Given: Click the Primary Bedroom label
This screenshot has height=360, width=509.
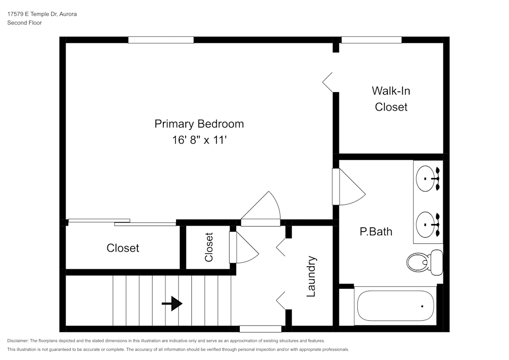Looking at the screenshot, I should coord(199,124).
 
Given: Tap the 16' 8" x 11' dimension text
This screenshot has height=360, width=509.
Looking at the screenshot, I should coord(199,140).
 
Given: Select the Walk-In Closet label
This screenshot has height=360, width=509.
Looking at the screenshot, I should coord(391,99).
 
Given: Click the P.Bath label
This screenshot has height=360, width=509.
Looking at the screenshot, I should coord(376,232).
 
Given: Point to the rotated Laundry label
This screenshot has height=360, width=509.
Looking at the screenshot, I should coord(312,276).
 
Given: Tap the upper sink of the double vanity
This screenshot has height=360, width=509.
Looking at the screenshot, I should coord(428,179).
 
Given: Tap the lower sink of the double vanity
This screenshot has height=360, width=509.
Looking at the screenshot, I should coord(428,224).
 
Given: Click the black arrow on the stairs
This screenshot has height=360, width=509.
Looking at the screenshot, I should coord(172,304).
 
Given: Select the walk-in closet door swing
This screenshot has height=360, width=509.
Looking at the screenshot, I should coord(328,81).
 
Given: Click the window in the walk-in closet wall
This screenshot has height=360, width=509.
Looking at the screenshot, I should coord(371,40).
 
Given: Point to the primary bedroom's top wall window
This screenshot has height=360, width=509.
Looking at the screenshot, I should coord(161,40).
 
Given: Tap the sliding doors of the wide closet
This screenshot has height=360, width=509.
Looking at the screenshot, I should coord(122,222).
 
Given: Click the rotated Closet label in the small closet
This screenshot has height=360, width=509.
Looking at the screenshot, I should coord(209,247).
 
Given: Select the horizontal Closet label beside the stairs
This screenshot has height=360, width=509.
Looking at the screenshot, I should coord(123,248).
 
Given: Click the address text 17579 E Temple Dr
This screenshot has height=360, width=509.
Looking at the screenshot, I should coord(42,14).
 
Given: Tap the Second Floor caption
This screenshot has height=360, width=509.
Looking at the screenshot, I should coord(24,23).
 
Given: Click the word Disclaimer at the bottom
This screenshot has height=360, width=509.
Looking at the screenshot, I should coord(18,341).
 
